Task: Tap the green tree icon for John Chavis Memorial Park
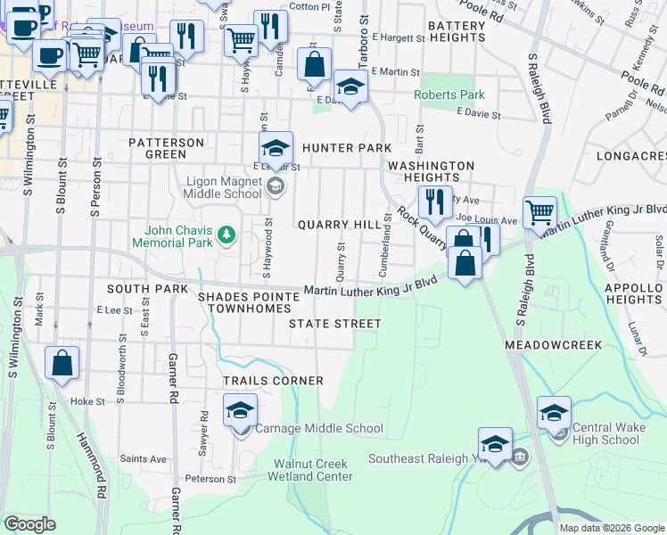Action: [x=227, y=235]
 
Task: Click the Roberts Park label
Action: [x=449, y=95]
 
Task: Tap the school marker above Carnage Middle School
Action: [x=240, y=411]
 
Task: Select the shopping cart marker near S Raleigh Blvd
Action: [x=539, y=214]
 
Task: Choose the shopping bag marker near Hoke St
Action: [x=62, y=363]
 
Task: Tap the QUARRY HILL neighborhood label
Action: [x=339, y=225]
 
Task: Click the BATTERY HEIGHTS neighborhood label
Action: [x=457, y=32]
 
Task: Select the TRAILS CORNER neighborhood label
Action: [x=273, y=381]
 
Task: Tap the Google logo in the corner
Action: [x=29, y=524]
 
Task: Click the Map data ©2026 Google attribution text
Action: [x=612, y=528]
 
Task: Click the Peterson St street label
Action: [x=210, y=479]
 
